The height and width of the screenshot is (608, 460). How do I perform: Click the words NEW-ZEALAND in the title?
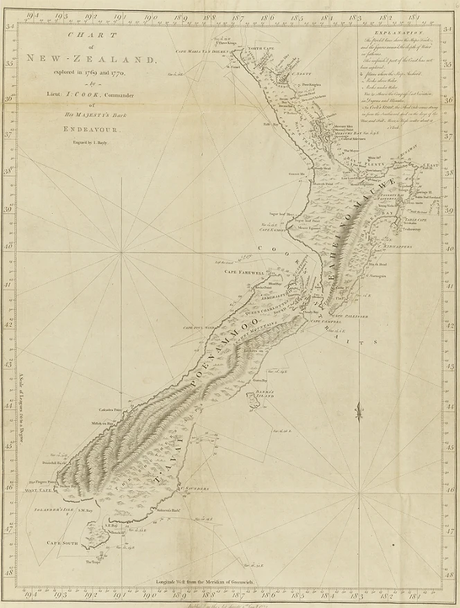(92, 60)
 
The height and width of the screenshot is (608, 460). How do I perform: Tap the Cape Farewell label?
(240, 272)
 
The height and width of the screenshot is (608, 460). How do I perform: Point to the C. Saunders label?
(197, 488)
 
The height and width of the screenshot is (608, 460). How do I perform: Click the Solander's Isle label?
(48, 510)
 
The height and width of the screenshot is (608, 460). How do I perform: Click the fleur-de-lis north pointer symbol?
(358, 413)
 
